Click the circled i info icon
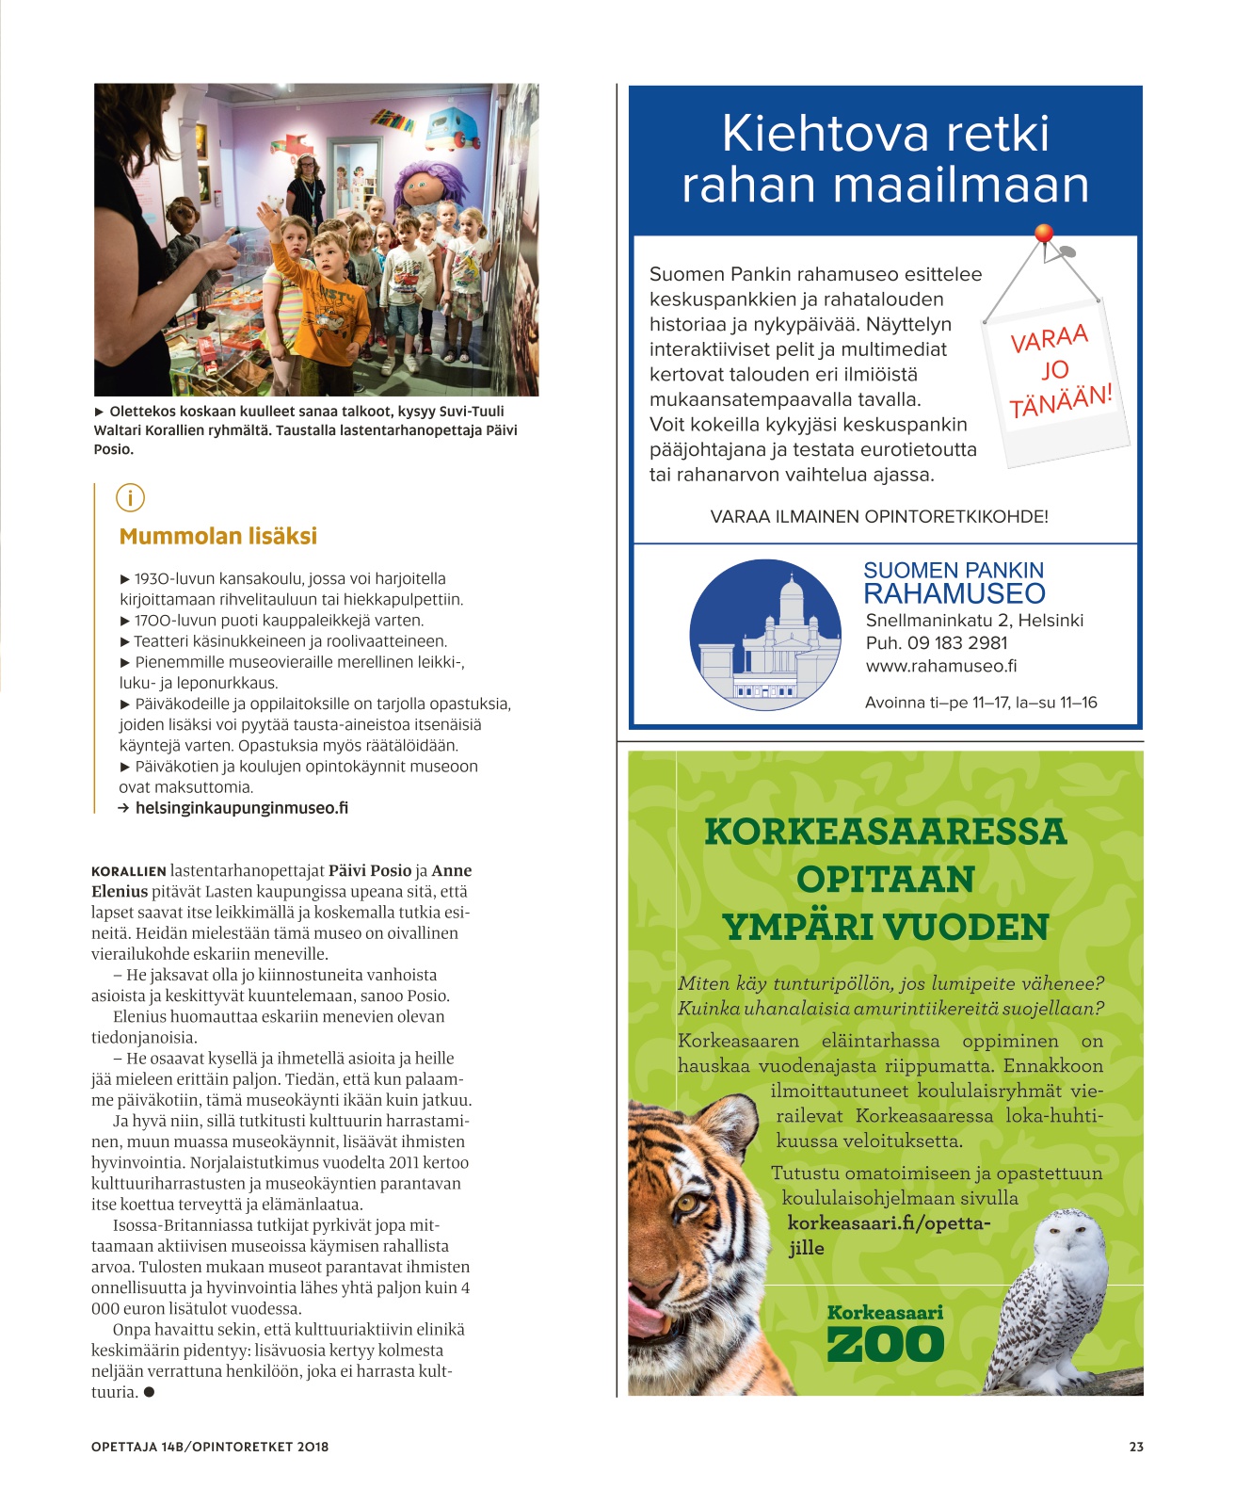[130, 497]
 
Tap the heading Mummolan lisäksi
[217, 537]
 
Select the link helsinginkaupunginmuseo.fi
[241, 808]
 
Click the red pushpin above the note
[1043, 233]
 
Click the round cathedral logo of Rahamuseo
[764, 634]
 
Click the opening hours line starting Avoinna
[980, 703]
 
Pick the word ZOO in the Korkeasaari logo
[885, 1344]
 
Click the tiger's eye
[686, 1203]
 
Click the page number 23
[1136, 1447]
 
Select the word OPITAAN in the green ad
[885, 880]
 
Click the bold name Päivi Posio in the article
[370, 871]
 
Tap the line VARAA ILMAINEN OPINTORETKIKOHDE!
[878, 517]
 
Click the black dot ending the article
[149, 1392]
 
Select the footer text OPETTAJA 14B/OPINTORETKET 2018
[210, 1447]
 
